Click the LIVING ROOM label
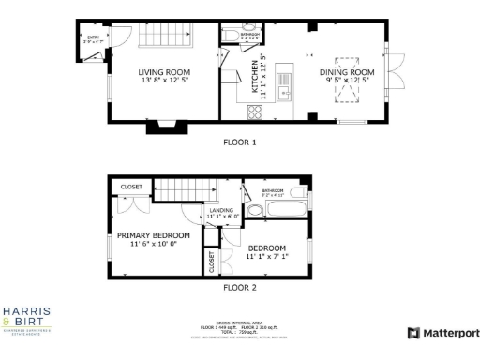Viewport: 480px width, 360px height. pos(164,72)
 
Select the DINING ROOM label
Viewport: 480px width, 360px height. pos(347,72)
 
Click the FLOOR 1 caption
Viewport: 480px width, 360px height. pos(239,142)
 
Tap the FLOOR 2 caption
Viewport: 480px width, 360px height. pos(239,288)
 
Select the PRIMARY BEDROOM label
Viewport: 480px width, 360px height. pos(153,235)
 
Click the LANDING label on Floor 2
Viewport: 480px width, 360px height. pos(225,211)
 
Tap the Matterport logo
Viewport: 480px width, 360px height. pos(442,333)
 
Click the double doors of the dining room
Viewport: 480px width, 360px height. pos(397,70)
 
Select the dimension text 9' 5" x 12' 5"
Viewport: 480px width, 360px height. pos(347,81)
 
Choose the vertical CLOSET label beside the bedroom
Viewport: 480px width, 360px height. pos(212,262)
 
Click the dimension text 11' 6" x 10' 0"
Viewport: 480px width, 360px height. pos(153,245)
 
